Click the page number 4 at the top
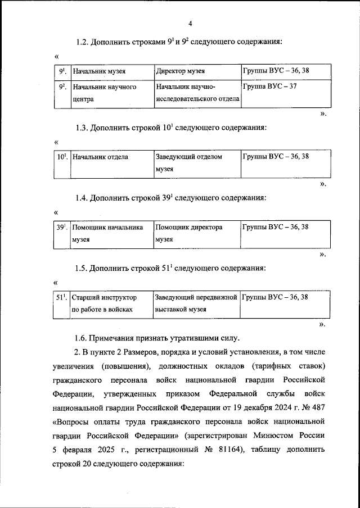click(190, 23)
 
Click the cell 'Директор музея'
click(180, 72)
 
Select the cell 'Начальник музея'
click(99, 72)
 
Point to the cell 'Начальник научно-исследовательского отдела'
click(197, 93)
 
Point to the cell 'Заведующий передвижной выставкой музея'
click(196, 303)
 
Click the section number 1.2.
click(83, 42)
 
